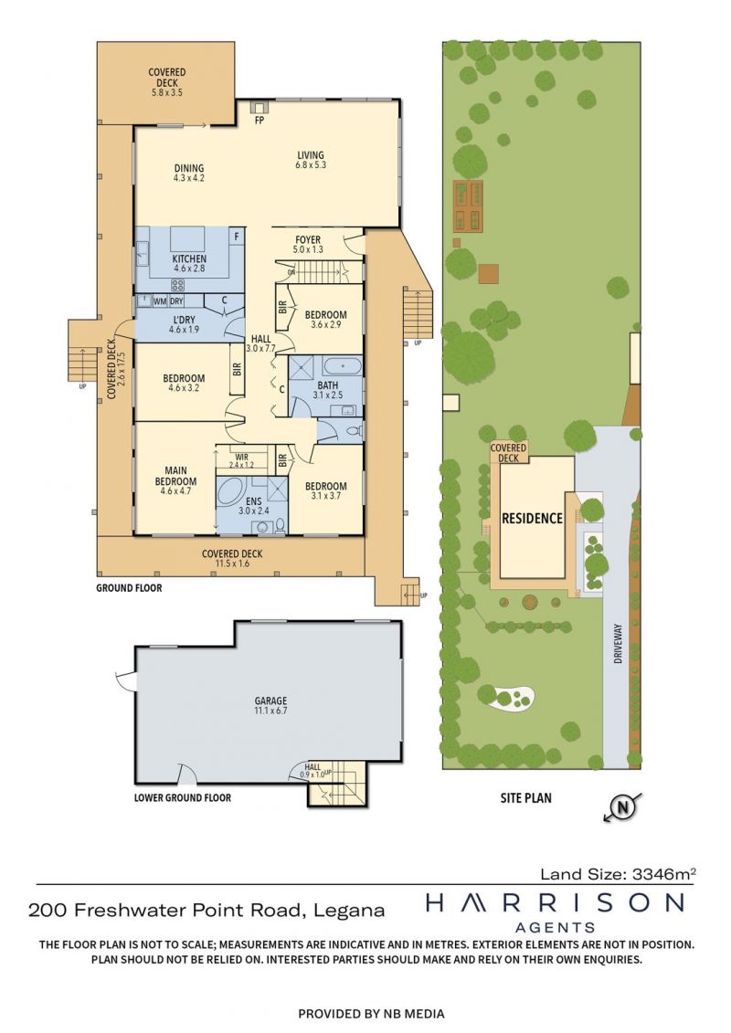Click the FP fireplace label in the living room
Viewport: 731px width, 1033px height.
pos(260,121)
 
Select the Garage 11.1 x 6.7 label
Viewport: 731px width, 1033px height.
pos(270,706)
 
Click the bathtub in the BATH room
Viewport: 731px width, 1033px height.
pos(342,364)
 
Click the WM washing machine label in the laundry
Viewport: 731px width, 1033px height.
pos(160,301)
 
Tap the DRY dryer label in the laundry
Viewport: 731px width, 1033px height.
pos(176,301)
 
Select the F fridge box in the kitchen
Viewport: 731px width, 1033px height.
pos(237,237)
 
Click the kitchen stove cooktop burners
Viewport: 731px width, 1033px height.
pos(178,285)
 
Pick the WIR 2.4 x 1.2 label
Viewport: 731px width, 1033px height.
pos(241,460)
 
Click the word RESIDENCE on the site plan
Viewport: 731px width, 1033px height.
pos(532,519)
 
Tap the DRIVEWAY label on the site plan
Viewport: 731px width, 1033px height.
pos(618,643)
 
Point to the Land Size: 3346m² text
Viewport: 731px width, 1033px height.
pos(619,874)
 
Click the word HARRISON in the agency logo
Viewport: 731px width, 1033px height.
pos(555,902)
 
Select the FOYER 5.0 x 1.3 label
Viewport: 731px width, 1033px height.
pos(308,245)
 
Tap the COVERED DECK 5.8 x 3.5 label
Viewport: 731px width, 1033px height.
pos(167,82)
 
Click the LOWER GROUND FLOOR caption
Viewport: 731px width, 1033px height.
pos(183,797)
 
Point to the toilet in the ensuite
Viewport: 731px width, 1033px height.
pos(280,525)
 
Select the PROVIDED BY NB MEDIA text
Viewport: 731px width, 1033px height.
pos(371,1014)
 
